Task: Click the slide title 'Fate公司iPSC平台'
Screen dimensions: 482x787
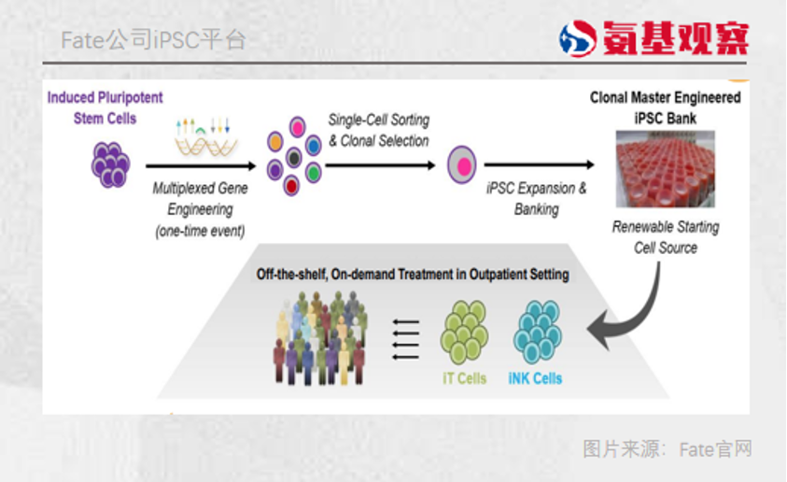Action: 154,40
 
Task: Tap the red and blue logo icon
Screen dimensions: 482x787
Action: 577,37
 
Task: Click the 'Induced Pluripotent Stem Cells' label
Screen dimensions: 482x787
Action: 105,107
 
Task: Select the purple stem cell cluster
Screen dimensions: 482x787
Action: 110,164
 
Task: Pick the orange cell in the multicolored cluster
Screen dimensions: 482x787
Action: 274,142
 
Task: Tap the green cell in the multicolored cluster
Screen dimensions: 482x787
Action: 314,172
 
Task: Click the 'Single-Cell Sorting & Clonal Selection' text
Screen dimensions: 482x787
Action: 378,130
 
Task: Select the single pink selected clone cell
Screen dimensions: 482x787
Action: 462,164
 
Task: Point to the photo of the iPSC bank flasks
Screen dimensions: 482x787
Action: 666,169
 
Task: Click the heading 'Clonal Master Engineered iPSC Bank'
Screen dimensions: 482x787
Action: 666,107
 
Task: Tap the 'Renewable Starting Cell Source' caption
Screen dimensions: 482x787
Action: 666,237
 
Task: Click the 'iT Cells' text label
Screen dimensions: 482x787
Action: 464,378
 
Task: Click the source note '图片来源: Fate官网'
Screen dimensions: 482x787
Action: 667,449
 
